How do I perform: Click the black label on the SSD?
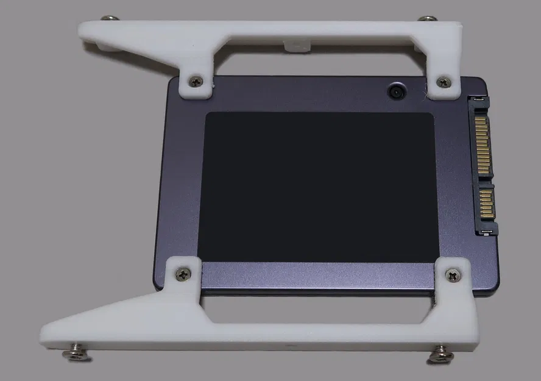320,187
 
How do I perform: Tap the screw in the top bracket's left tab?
196,80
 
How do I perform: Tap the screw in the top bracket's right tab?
444,81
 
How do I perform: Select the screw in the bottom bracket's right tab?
454,276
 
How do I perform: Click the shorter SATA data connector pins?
486,204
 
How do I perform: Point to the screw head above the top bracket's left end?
110,19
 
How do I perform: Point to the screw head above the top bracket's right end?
428,18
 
